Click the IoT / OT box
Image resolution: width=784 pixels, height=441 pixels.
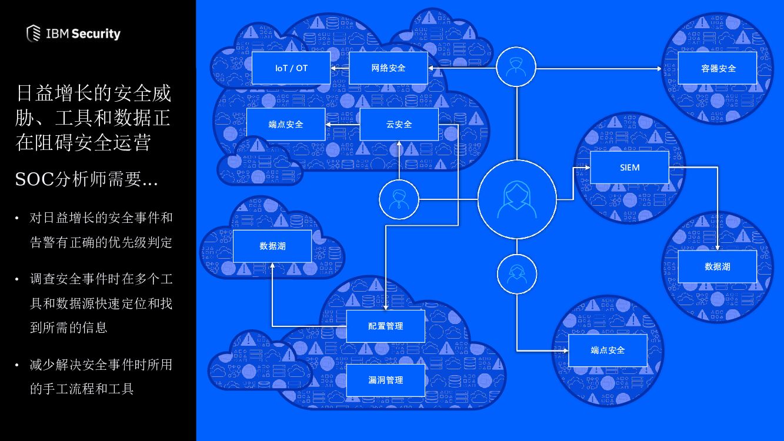[291, 68]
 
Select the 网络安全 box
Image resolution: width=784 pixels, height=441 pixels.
[388, 68]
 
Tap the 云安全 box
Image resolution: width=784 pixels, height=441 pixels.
[399, 125]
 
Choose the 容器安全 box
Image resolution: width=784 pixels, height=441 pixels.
[718, 68]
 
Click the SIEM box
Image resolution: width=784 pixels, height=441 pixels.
[629, 168]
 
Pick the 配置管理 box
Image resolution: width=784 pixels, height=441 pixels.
[385, 326]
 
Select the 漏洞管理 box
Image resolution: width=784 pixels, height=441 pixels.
[385, 380]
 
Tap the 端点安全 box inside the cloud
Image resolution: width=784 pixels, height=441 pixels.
[285, 125]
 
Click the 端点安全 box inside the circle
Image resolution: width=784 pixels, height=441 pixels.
[608, 350]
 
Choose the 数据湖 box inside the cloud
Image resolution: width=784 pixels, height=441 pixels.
[272, 246]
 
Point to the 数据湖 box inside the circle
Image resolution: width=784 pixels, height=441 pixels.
[718, 266]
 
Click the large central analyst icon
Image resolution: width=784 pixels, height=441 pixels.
[517, 199]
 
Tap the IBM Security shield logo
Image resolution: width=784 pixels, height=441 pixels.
[34, 34]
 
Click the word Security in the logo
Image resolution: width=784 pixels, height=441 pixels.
[96, 34]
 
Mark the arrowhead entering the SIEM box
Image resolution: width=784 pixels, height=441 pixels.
[586, 168]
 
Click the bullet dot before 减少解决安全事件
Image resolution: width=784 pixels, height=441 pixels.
[17, 365]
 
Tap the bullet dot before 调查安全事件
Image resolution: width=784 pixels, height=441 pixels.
[17, 279]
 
